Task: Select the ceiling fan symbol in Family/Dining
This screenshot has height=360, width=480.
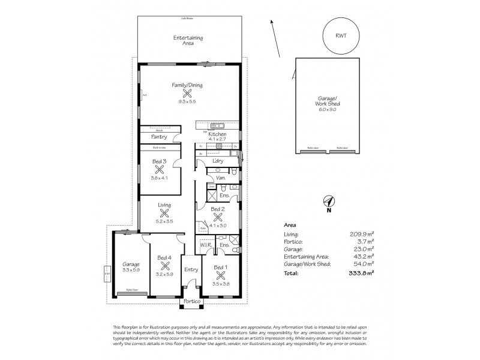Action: tap(187, 94)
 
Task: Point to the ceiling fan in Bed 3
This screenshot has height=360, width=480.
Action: tap(160, 170)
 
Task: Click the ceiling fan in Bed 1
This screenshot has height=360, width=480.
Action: tap(221, 275)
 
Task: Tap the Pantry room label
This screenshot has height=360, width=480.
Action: tap(159, 137)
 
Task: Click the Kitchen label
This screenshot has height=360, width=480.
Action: tap(217, 134)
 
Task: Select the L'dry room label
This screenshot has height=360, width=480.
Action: tap(218, 162)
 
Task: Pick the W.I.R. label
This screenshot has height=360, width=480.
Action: tap(205, 245)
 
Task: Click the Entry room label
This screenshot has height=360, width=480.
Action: tap(191, 269)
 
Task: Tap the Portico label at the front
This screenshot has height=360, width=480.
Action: tap(191, 301)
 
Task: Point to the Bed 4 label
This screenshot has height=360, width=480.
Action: tap(164, 258)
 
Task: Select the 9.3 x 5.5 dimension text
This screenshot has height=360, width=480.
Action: tap(187, 102)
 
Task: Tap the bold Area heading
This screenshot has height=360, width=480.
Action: tap(289, 225)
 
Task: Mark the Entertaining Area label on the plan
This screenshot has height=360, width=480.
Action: tap(188, 41)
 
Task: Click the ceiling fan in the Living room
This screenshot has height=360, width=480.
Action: tap(164, 214)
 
